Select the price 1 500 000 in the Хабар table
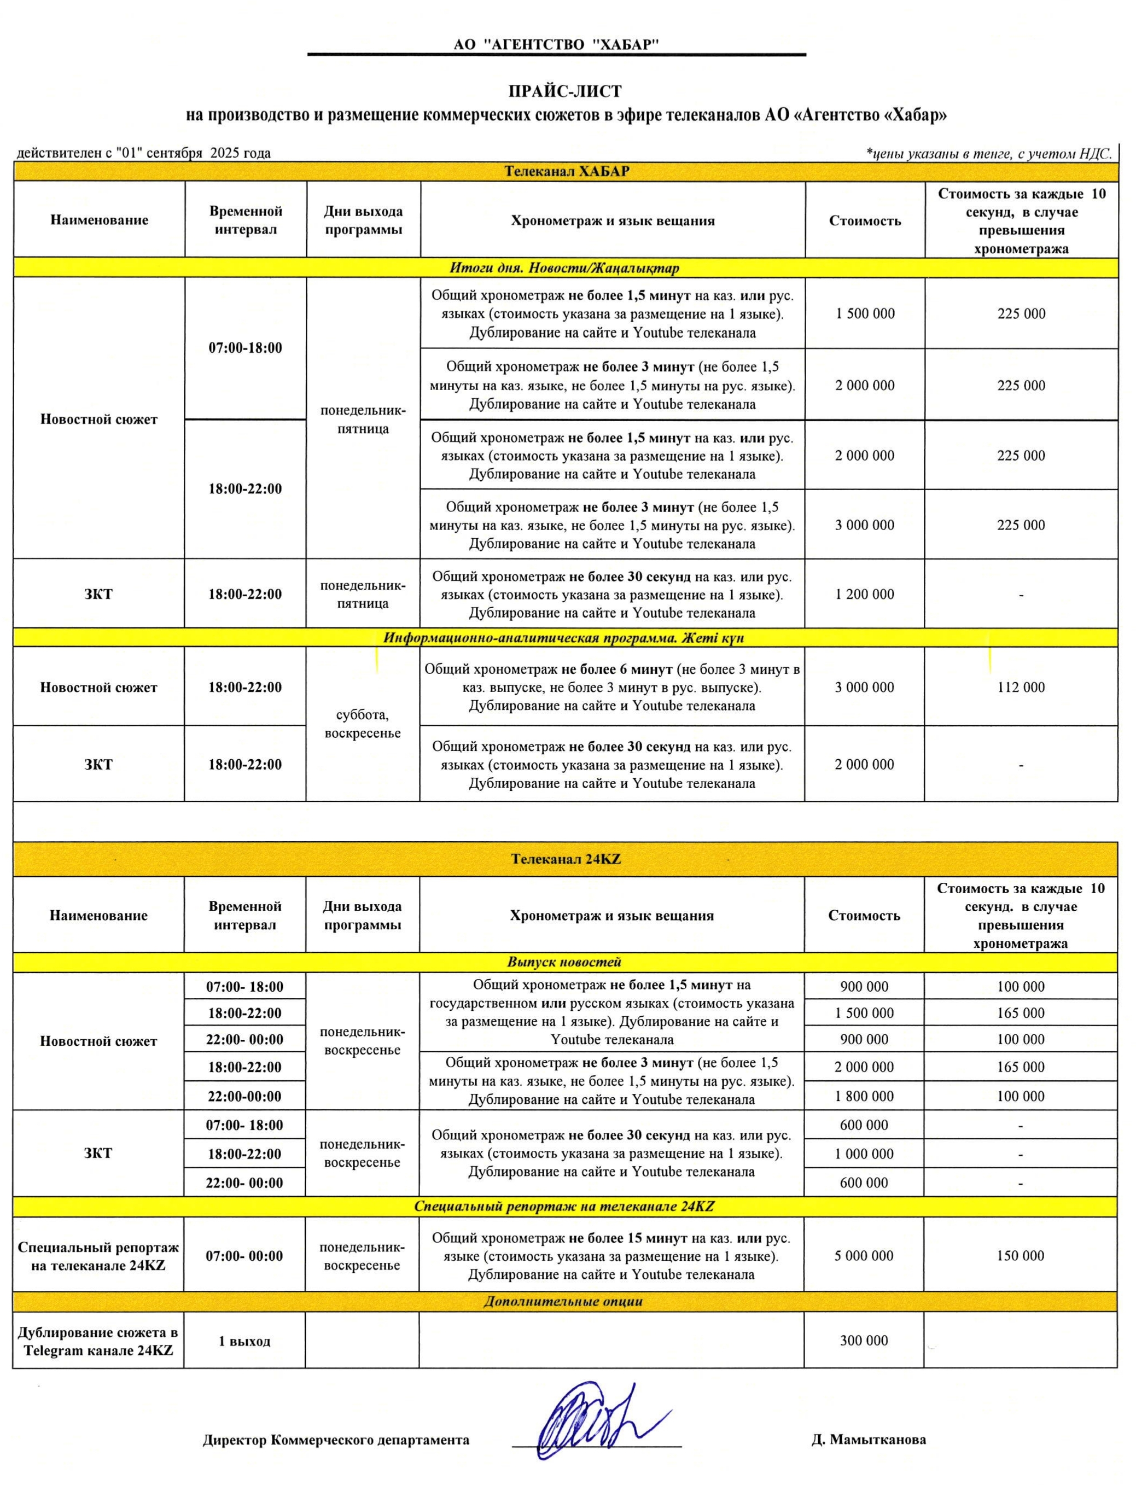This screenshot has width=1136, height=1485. click(865, 314)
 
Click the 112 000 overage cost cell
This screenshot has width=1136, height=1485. click(1021, 687)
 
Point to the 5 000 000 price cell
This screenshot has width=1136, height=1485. click(864, 1256)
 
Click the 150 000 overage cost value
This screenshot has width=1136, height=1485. click(1021, 1256)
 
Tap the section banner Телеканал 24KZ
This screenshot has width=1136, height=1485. click(566, 859)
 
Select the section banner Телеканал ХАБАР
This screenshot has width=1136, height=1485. click(567, 172)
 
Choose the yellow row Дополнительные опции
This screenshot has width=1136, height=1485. click(563, 1301)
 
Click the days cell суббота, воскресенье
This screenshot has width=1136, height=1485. click(363, 724)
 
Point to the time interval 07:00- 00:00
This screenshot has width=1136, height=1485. click(244, 1256)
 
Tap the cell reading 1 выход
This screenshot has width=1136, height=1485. click(244, 1341)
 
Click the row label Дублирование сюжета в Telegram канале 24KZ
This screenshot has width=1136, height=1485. click(98, 1341)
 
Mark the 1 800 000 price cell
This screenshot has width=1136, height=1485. click(864, 1096)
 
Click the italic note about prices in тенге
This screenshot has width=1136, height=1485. click(988, 154)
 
